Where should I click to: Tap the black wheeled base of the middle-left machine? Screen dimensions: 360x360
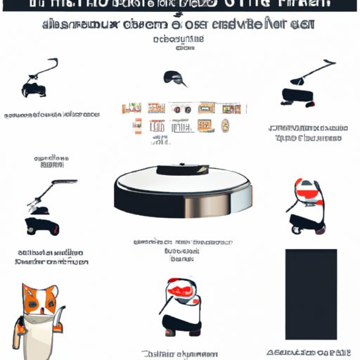44,226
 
